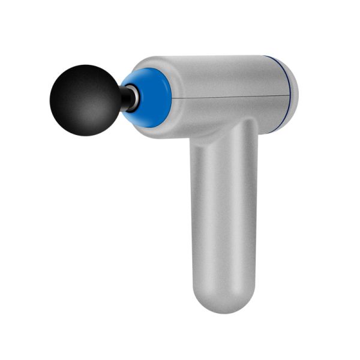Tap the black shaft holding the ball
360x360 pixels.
tap(125, 98)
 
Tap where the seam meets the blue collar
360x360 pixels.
tap(172, 97)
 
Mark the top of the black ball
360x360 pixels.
tap(85, 65)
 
